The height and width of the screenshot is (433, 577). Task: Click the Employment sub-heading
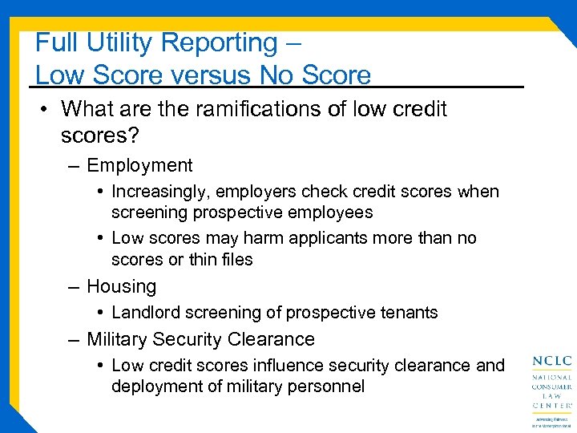[139, 165]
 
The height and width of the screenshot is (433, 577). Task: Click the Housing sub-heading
[121, 286]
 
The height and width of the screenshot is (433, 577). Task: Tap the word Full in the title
[54, 42]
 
